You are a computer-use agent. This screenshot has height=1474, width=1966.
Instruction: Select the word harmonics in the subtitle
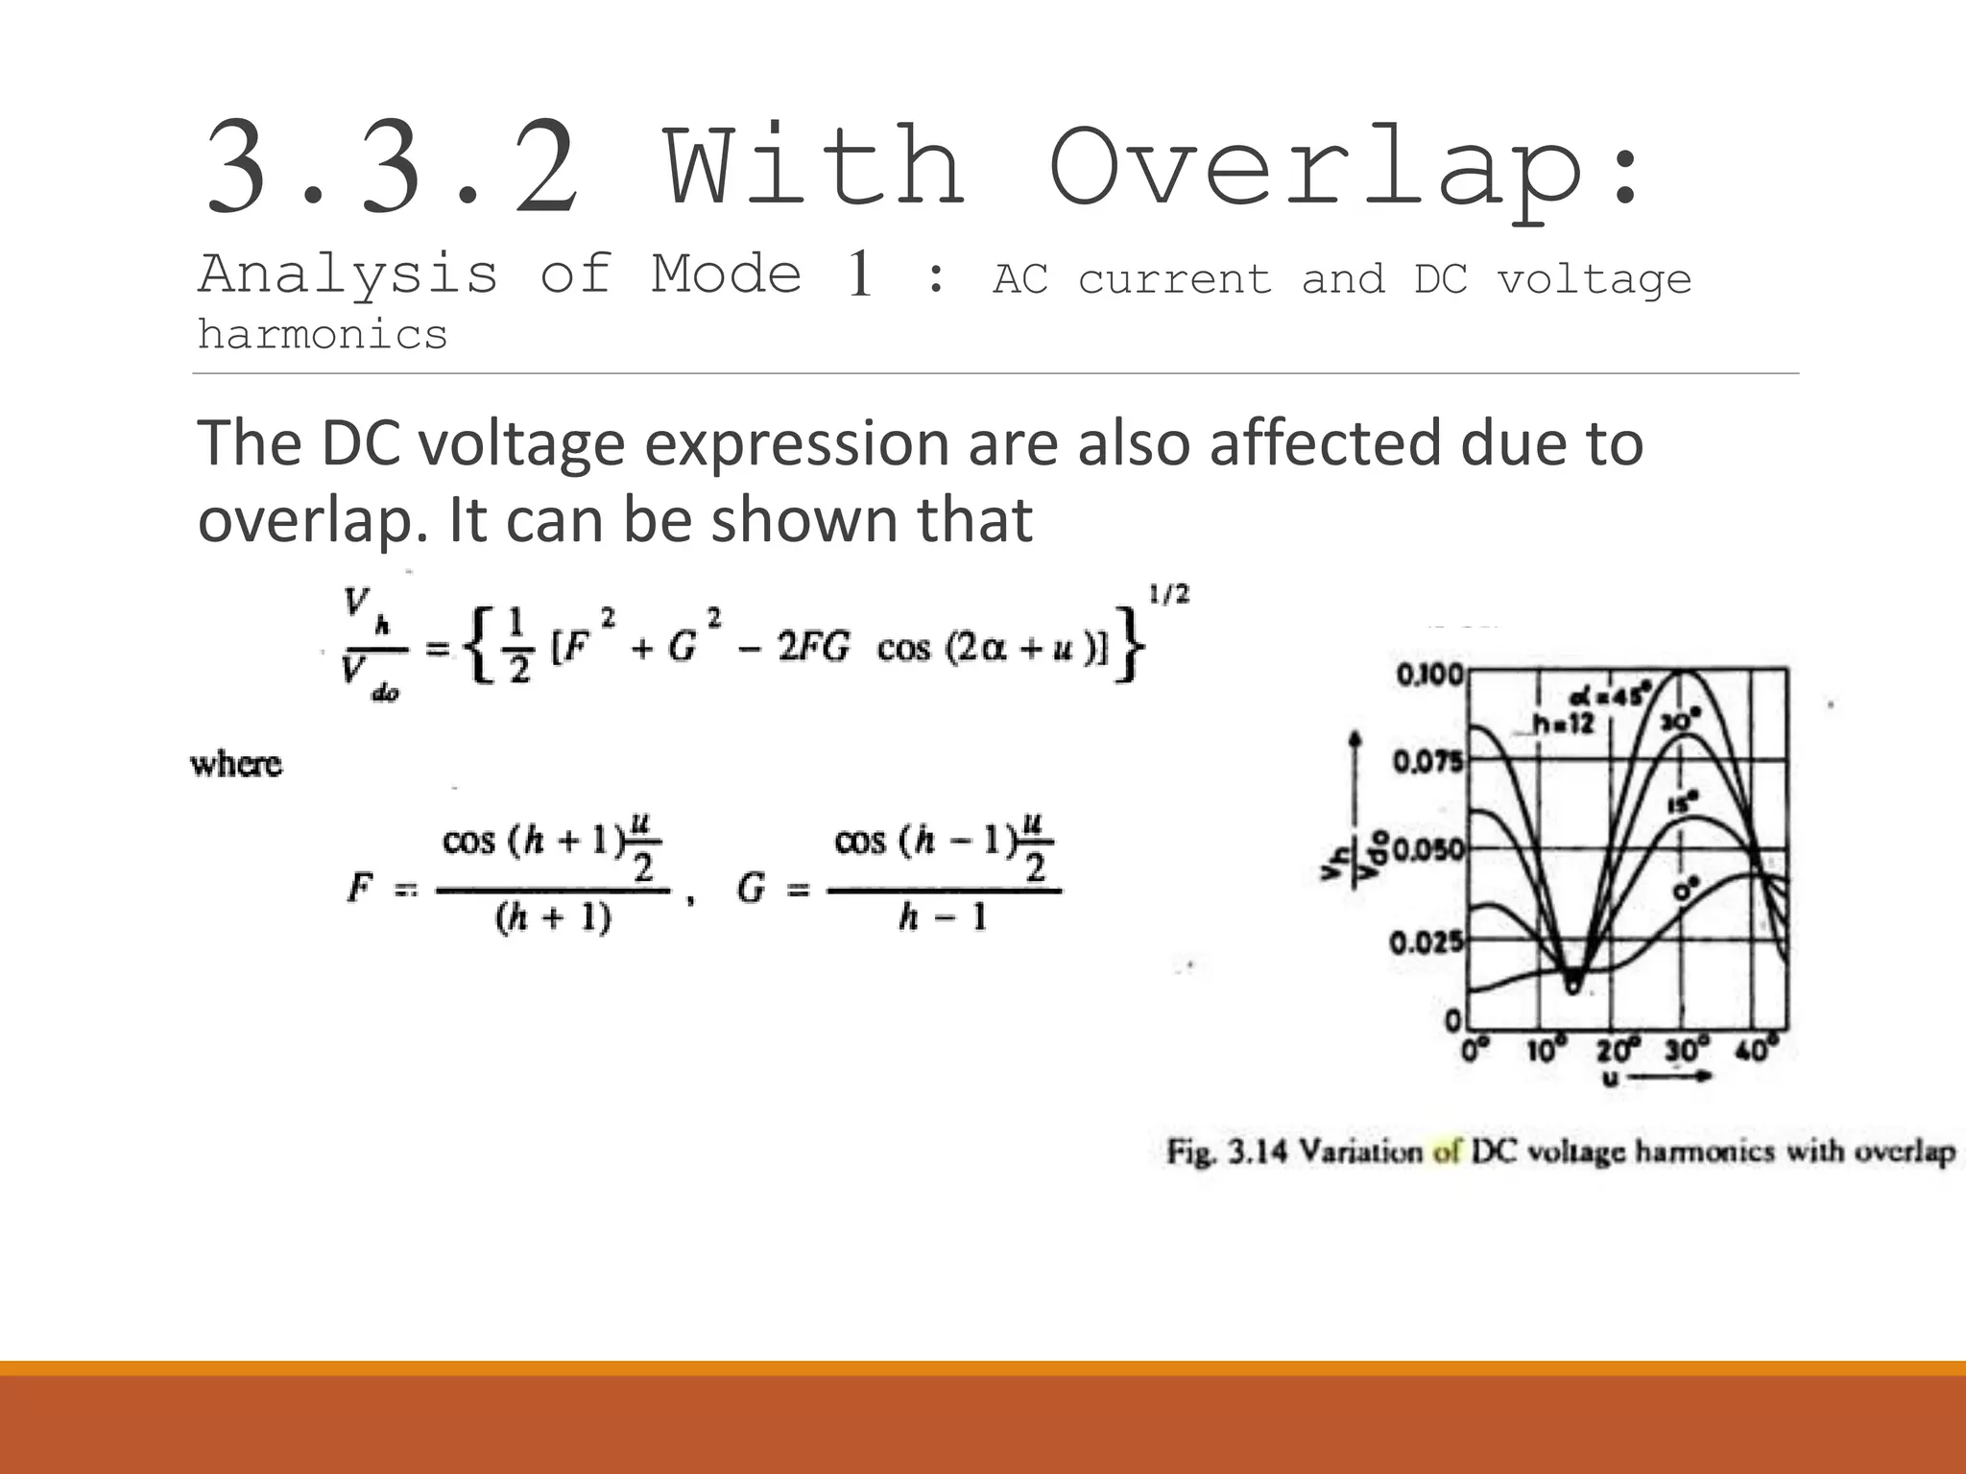[323, 335]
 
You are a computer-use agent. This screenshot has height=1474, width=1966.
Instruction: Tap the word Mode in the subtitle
[727, 274]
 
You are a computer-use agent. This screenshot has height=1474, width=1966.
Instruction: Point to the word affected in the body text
[1325, 443]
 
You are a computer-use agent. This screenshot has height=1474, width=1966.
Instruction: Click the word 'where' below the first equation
[236, 765]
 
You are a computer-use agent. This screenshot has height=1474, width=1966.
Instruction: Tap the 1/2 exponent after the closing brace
[1168, 595]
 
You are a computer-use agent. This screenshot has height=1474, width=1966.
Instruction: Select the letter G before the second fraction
[751, 888]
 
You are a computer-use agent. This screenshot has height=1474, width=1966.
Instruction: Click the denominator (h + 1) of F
[553, 919]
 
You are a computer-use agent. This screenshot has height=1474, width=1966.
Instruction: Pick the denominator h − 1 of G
[943, 919]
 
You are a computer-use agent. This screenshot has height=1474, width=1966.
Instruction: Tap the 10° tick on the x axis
[1546, 1052]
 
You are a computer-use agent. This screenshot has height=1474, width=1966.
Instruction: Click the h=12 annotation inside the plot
[1564, 724]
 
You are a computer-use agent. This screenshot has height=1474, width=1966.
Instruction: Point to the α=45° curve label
[1612, 695]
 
